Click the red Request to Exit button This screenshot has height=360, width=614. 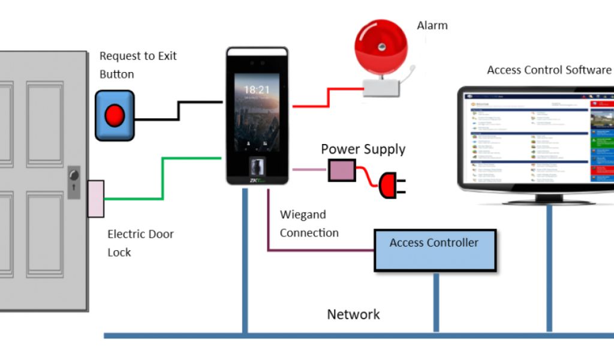click(x=114, y=115)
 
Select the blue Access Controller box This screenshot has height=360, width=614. click(x=435, y=250)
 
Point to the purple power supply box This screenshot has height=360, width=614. click(x=342, y=170)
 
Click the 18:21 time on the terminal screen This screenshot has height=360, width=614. click(x=257, y=90)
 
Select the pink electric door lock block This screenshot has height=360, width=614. click(x=95, y=198)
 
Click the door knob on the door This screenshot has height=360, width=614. click(x=74, y=175)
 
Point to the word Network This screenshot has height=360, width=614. click(x=353, y=314)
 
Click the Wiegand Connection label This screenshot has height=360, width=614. click(x=309, y=224)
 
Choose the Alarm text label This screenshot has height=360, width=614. click(x=432, y=26)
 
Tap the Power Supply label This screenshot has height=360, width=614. click(x=363, y=149)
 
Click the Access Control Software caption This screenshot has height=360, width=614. click(x=549, y=70)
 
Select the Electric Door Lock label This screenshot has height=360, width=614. click(x=140, y=243)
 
